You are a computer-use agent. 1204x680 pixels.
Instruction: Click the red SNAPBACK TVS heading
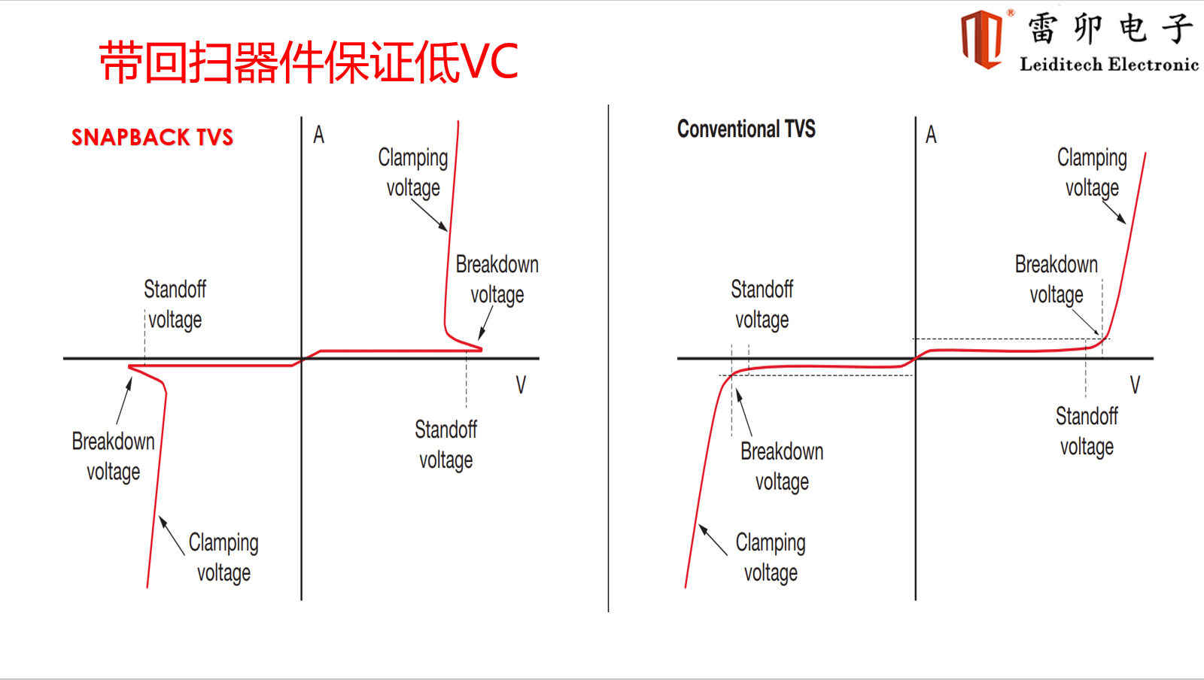point(152,138)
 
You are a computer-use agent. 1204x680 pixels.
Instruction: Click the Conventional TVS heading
point(746,129)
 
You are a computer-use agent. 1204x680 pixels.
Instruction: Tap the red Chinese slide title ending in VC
point(309,62)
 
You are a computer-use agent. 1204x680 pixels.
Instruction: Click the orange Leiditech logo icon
point(982,39)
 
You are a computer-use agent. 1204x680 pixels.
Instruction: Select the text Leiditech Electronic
point(1109,65)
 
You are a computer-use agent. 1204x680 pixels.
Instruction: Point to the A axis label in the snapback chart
point(319,135)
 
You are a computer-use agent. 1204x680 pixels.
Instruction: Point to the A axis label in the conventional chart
point(931,135)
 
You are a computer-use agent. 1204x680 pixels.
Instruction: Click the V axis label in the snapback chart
point(520,384)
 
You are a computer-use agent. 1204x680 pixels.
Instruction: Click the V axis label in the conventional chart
point(1135,384)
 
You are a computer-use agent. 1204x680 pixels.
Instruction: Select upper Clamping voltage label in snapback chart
point(413,173)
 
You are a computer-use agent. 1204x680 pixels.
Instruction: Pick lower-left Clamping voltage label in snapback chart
point(223,557)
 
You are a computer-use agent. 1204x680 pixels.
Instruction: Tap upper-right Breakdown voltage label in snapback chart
point(497,279)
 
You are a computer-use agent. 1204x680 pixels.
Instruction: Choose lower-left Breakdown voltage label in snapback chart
point(114,457)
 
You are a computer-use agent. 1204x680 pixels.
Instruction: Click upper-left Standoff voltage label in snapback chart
point(175,305)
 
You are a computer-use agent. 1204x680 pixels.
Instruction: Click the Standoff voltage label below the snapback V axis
point(445,445)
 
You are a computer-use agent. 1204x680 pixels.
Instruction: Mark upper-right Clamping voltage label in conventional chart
point(1092,173)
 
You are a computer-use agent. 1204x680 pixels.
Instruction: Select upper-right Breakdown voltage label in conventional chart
point(1057,279)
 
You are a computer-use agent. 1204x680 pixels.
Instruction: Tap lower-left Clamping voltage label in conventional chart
point(771,557)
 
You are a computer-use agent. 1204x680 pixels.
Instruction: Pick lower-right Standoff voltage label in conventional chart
point(1087,431)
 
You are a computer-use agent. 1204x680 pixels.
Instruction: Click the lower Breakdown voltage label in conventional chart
point(782,467)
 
